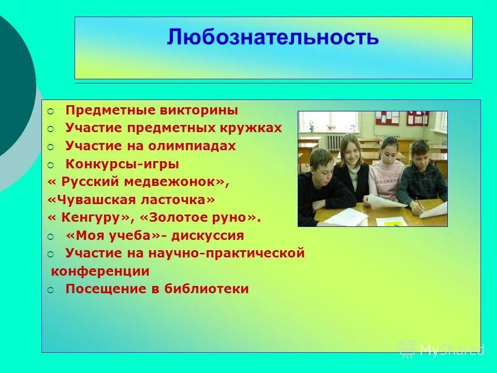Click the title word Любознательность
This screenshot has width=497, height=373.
pos(273,37)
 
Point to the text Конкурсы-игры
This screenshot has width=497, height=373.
pos(122,164)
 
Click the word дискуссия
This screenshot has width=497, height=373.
pos(208,236)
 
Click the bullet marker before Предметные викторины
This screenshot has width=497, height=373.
pos(50,111)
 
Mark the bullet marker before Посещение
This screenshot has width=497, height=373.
pos(50,290)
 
